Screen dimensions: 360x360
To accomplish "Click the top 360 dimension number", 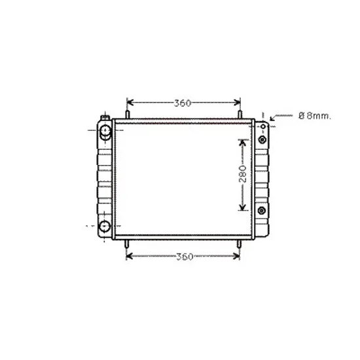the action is pos(183,103).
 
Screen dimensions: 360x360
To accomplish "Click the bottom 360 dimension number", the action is pos(185,257).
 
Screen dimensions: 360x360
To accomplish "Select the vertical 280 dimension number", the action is pos(242,174).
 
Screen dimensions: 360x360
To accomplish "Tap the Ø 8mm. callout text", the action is pos(315,116).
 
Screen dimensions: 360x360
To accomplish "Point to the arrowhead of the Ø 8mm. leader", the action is pos(272,119).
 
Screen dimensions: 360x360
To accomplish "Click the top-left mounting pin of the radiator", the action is pos(128,115).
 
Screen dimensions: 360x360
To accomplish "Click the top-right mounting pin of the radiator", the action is pos(240,115).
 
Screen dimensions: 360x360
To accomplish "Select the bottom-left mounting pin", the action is pos(126,244).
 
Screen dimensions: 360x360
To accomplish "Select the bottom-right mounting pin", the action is pos(239,244).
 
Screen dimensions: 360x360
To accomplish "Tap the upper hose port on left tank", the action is pos(105,132).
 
